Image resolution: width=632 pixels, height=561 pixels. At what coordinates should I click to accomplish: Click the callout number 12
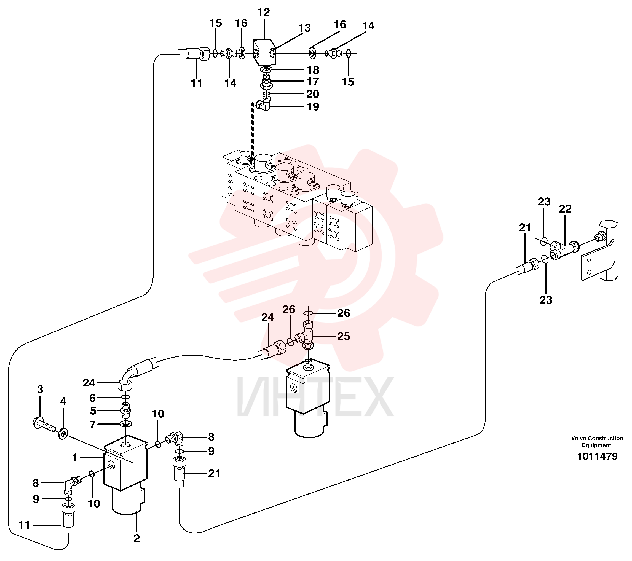[x=264, y=12]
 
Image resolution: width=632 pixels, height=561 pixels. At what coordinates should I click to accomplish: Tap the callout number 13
[x=304, y=28]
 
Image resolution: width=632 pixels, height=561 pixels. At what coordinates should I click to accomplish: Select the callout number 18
[x=313, y=70]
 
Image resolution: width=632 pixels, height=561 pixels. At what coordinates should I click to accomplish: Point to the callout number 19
[x=313, y=107]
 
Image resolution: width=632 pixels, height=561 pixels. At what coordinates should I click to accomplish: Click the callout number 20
[x=313, y=94]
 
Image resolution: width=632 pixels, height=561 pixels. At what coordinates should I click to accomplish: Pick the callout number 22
[x=565, y=209]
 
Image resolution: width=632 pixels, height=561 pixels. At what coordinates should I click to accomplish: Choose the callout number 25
[x=344, y=336]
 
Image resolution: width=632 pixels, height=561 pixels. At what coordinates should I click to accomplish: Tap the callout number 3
[x=40, y=390]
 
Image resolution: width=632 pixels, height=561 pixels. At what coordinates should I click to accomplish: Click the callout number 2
[x=137, y=538]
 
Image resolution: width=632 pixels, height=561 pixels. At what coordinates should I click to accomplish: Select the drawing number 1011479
[x=597, y=457]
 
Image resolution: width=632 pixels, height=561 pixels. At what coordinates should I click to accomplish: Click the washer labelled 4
[x=63, y=434]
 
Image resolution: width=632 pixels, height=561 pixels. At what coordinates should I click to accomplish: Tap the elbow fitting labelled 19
[x=263, y=103]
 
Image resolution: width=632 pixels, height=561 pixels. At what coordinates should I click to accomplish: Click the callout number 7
[x=92, y=425]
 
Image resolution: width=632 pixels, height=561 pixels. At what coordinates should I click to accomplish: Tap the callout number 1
[x=74, y=457]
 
